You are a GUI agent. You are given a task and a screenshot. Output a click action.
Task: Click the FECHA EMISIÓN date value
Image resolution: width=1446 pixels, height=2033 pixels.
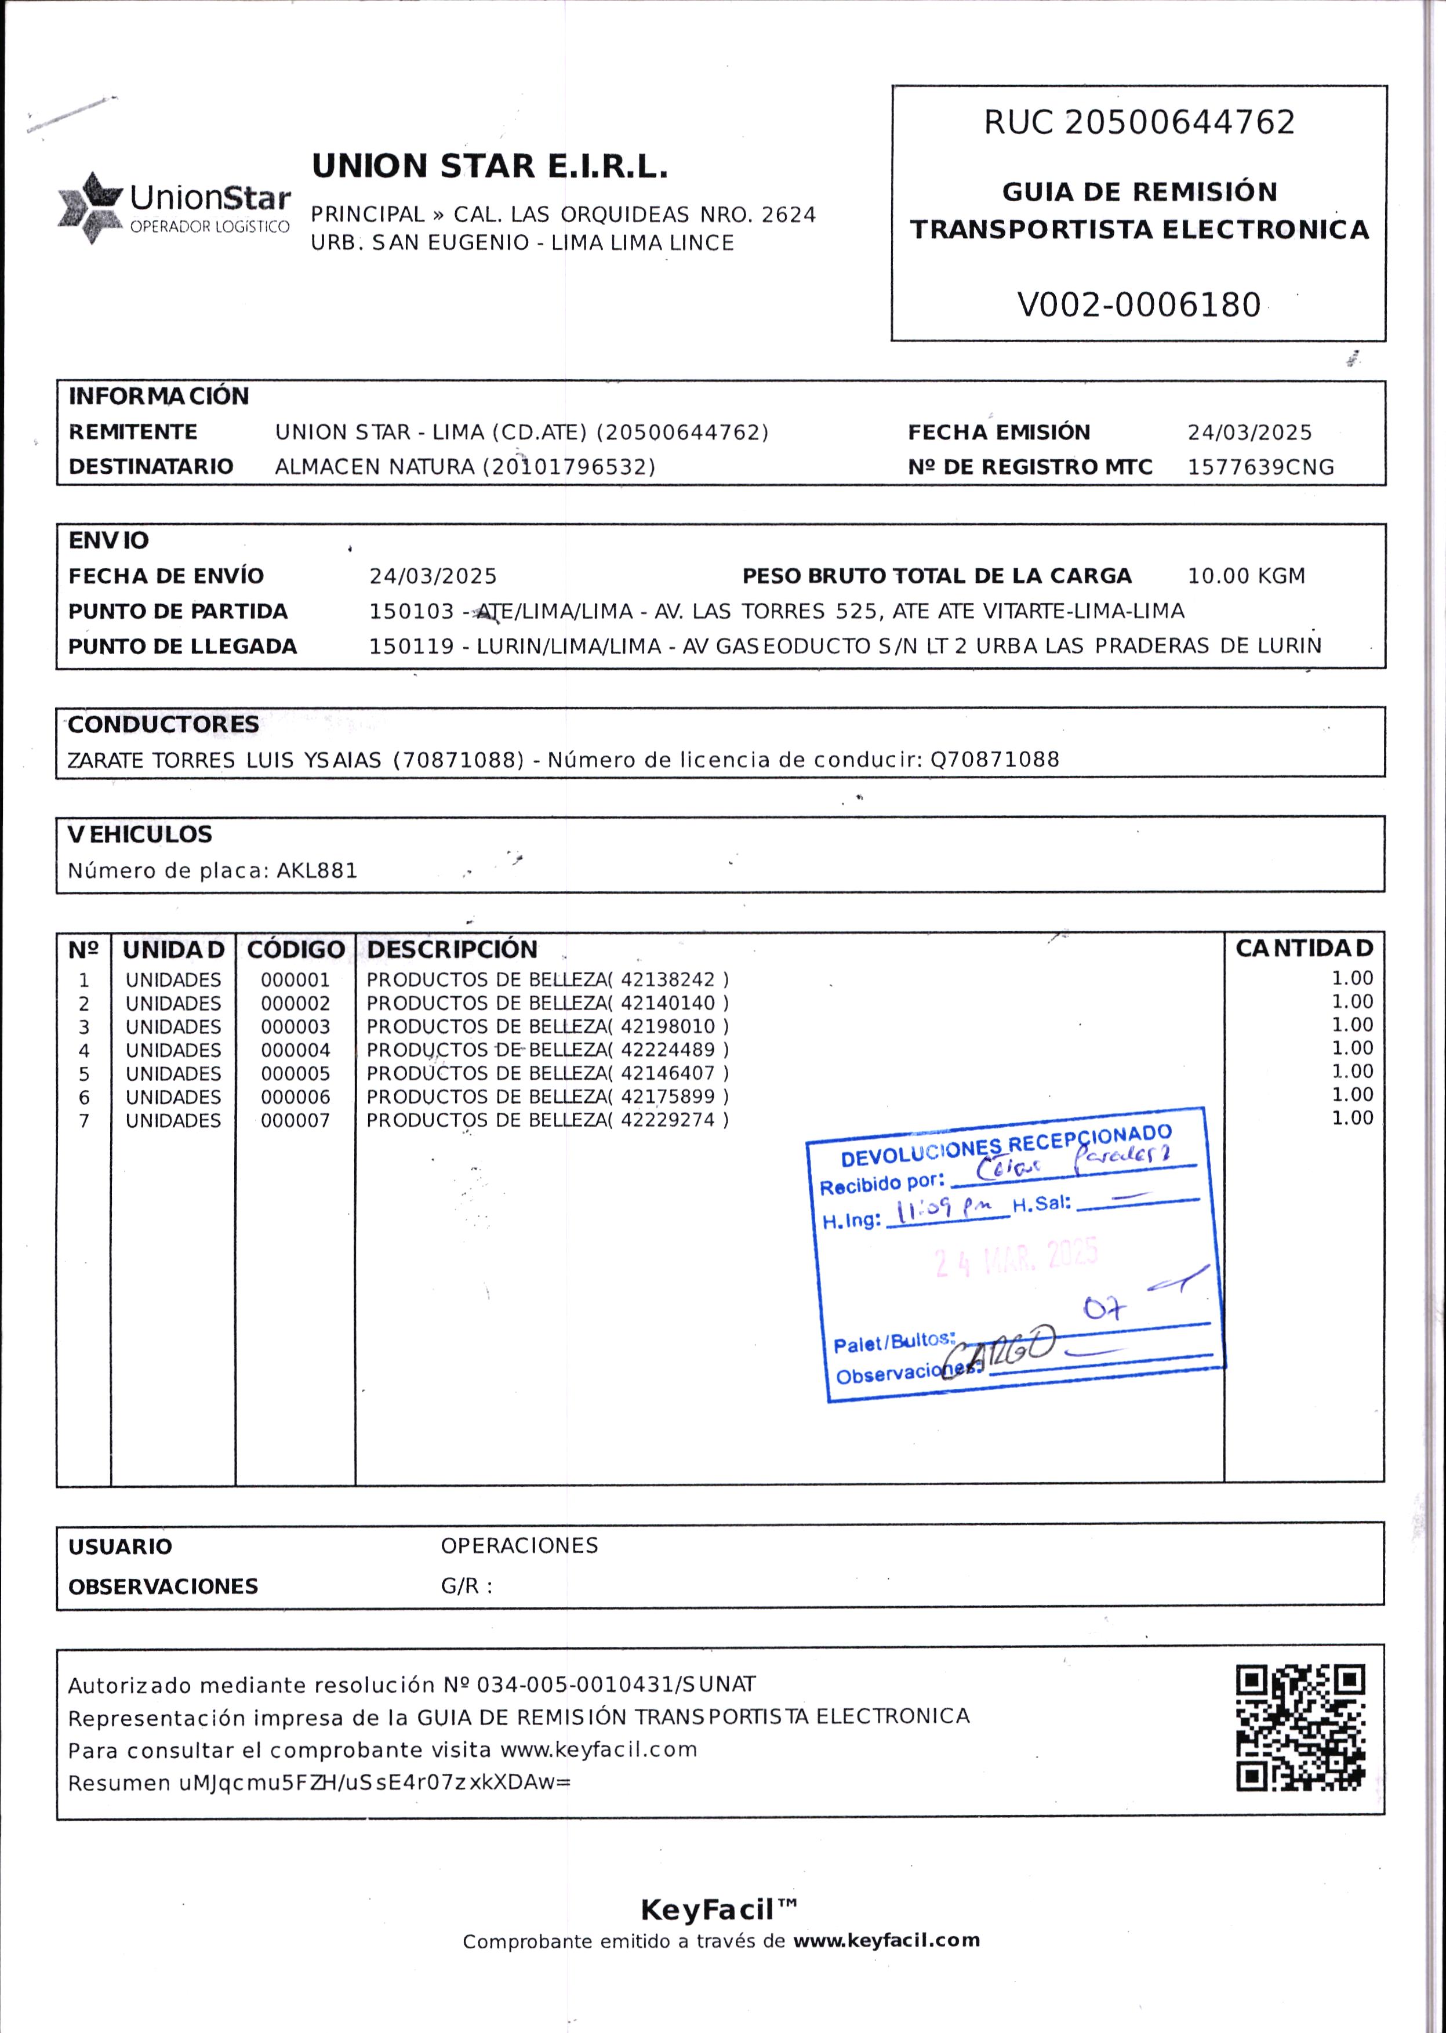(x=1249, y=433)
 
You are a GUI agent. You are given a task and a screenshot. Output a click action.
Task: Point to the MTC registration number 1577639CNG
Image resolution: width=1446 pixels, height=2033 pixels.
(x=1261, y=467)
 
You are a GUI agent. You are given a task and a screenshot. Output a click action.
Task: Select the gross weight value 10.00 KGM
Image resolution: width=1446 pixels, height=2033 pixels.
(x=1245, y=576)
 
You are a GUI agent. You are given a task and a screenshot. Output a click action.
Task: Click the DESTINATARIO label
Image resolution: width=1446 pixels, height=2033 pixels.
(x=151, y=467)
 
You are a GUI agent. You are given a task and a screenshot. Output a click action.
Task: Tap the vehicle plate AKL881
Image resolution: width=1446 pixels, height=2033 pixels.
(x=317, y=871)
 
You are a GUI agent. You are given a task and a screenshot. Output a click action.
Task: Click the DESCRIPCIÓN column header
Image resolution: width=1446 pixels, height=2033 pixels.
(x=452, y=949)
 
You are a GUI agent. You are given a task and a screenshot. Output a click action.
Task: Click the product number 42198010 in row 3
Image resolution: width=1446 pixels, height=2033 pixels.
(x=668, y=1027)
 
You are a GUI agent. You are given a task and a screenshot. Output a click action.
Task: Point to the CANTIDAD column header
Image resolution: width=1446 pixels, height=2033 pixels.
(x=1303, y=949)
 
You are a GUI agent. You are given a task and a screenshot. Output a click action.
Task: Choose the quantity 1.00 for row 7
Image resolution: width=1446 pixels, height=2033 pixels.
(x=1351, y=1119)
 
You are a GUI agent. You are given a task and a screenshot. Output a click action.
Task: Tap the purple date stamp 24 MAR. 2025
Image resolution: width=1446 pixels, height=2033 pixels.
(x=1015, y=1258)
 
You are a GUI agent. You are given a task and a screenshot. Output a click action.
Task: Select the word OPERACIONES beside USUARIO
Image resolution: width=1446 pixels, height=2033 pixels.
(x=519, y=1546)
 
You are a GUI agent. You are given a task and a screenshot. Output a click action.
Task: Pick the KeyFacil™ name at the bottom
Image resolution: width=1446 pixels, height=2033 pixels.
(x=718, y=1910)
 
